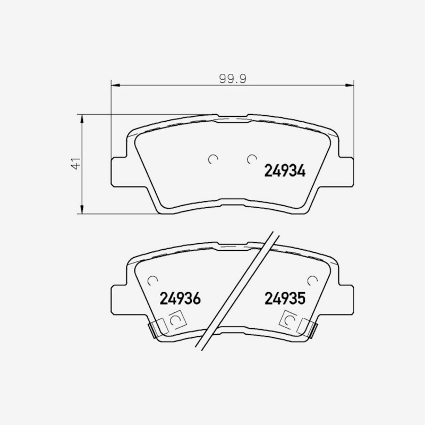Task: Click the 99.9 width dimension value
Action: point(233,79)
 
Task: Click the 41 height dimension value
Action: point(76,164)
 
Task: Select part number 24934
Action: point(285,171)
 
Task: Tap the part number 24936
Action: point(180,299)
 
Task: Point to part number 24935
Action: point(285,299)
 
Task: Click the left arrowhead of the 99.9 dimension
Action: point(115,86)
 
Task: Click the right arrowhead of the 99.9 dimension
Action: point(350,86)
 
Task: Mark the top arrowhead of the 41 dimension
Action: point(82,118)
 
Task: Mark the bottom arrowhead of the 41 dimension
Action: point(82,209)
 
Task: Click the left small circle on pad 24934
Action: point(213,159)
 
